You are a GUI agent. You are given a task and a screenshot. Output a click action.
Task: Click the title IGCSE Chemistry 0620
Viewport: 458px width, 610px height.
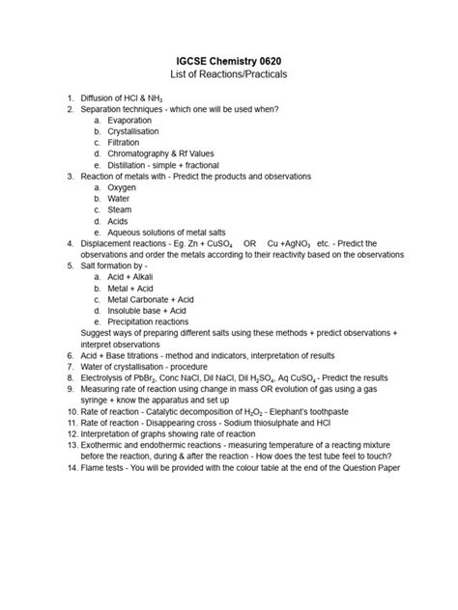tap(229, 57)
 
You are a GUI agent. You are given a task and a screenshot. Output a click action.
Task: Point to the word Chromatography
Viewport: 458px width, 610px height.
tap(145, 154)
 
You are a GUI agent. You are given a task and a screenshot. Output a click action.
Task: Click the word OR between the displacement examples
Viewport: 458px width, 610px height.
tap(250, 244)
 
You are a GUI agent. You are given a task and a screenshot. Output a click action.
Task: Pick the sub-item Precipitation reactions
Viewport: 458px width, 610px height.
tap(150, 321)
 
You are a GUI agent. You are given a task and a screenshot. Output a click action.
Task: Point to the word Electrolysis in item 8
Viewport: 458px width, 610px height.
tap(104, 378)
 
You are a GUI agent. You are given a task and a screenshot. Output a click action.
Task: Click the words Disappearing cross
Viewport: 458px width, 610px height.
tap(177, 423)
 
